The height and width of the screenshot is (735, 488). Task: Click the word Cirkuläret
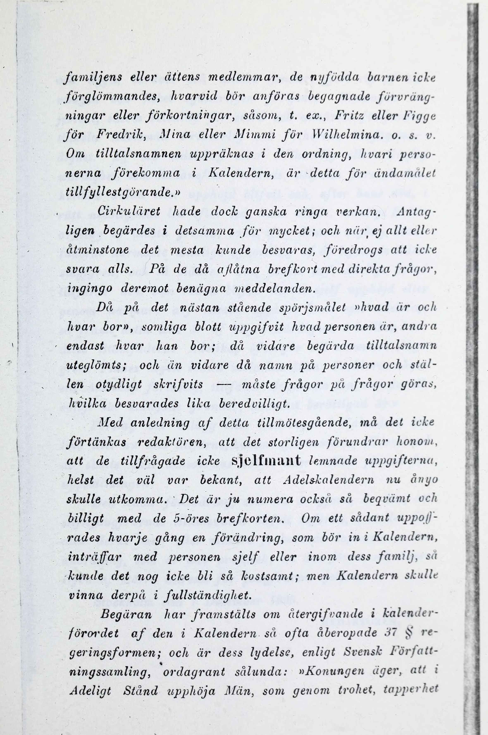tap(129, 212)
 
